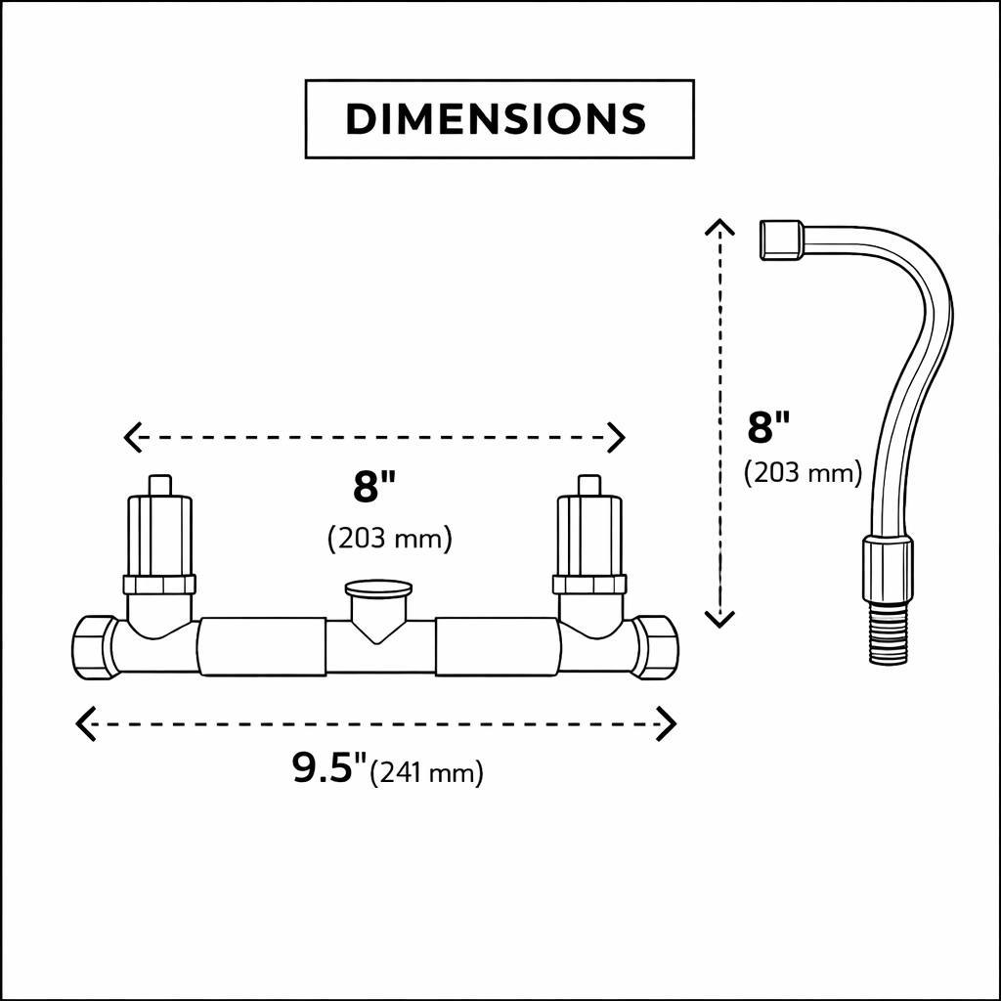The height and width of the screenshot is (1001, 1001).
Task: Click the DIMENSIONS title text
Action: click(496, 118)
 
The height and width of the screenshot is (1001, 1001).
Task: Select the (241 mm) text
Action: click(427, 772)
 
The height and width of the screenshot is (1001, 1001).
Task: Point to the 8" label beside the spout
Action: click(768, 426)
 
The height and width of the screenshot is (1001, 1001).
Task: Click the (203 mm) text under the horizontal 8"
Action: click(389, 539)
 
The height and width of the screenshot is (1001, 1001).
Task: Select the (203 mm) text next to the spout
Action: click(804, 473)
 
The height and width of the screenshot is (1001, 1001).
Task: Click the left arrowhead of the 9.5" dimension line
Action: click(86, 723)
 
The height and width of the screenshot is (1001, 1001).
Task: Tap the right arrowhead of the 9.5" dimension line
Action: click(666, 723)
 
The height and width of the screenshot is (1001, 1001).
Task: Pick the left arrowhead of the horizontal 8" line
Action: click(133, 437)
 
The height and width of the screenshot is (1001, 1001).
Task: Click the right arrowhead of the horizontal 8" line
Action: click(616, 437)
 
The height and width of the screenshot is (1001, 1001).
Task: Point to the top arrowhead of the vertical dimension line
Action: click(719, 226)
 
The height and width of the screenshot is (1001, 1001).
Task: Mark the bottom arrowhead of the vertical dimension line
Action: click(719, 619)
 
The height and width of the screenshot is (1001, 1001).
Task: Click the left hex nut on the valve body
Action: click(94, 646)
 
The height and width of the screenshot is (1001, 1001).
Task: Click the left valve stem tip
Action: click(160, 485)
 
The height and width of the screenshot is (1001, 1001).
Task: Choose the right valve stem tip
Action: click(588, 485)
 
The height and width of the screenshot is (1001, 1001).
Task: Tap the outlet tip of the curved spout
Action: click(781, 239)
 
